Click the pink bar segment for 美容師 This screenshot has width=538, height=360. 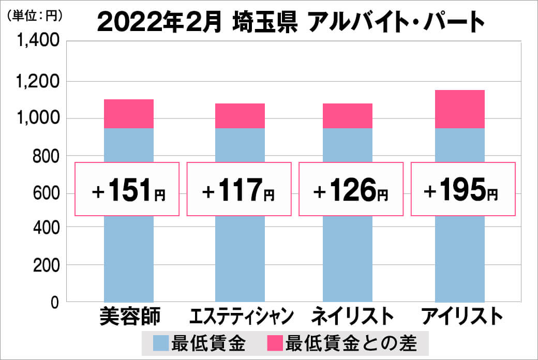[x=129, y=114]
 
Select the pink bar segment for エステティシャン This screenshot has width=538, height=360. [x=240, y=116]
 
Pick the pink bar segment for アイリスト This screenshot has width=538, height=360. [x=460, y=109]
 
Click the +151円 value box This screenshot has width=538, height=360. [x=128, y=189]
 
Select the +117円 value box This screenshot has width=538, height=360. [x=239, y=189]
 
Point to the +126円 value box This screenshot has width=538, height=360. [x=351, y=189]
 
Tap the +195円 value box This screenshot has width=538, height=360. [x=462, y=189]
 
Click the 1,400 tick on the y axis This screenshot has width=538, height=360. [x=39, y=42]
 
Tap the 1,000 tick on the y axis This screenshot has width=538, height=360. [x=39, y=118]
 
